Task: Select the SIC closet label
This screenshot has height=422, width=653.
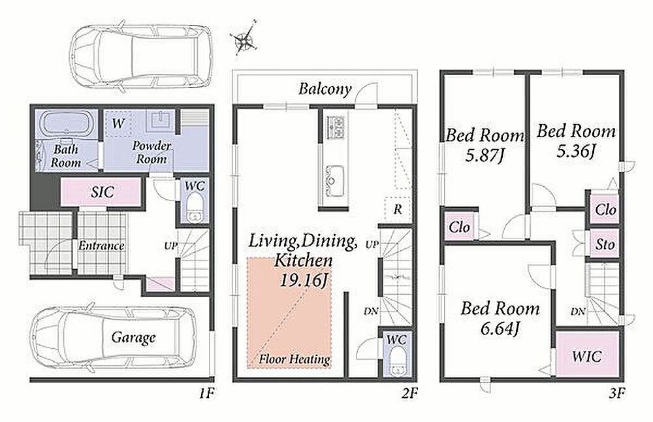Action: pos(102,192)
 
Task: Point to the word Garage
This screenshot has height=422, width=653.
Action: pos(133,338)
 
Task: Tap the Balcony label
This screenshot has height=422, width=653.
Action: pos(325,89)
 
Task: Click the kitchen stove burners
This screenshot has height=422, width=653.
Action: pos(337,127)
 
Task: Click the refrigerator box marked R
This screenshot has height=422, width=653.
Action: pos(397,208)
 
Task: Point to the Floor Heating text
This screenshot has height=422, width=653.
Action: pos(295,359)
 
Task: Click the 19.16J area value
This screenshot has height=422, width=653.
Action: pos(303,281)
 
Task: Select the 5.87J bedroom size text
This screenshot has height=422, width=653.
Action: pos(485,156)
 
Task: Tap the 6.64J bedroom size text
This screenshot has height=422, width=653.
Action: pos(500,329)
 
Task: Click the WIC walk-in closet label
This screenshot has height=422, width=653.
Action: pos(586,357)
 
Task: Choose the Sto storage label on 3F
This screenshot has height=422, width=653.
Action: pos(605,244)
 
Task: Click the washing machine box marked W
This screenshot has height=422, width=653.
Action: pos(118,123)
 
